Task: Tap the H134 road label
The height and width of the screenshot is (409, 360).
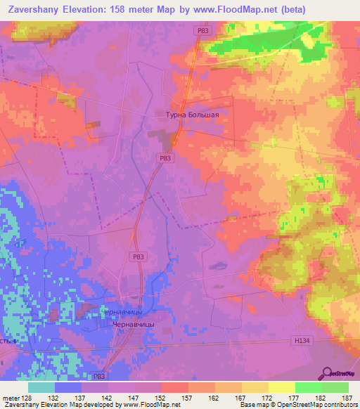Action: pyautogui.click(x=301, y=340)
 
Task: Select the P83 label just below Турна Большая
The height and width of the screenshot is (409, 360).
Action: pyautogui.click(x=165, y=159)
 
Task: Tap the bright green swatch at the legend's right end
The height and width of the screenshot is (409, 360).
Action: pyautogui.click(x=335, y=387)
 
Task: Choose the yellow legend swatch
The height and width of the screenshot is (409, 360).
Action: pyautogui.click(x=282, y=387)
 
